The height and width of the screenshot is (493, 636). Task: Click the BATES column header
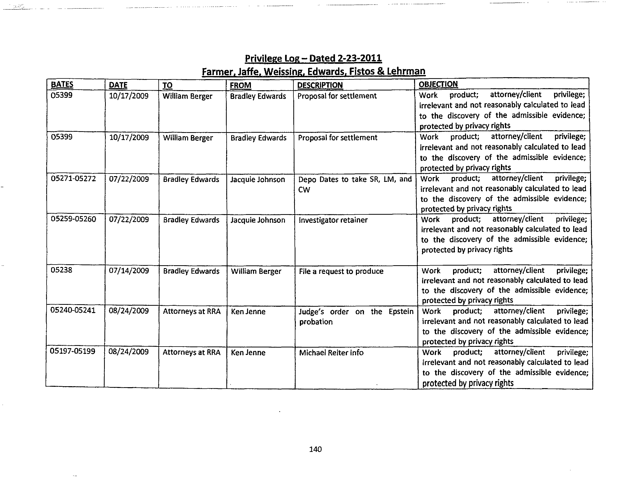(62, 85)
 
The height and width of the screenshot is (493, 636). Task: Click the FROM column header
(240, 85)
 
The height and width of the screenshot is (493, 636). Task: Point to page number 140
(315, 449)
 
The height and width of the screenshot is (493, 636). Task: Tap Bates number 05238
(61, 270)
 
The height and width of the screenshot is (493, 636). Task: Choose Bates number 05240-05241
(73, 310)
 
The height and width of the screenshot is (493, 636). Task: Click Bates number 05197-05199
(73, 351)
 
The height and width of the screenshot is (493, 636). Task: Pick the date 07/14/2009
(129, 271)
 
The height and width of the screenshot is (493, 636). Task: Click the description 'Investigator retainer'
(333, 220)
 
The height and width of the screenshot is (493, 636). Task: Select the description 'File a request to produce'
(341, 271)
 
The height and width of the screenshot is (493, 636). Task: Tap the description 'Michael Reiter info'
(331, 353)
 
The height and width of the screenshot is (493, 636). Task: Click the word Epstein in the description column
(401, 312)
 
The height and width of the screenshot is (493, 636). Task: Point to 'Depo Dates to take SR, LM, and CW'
(355, 184)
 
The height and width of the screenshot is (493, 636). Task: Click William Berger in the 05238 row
(256, 271)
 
